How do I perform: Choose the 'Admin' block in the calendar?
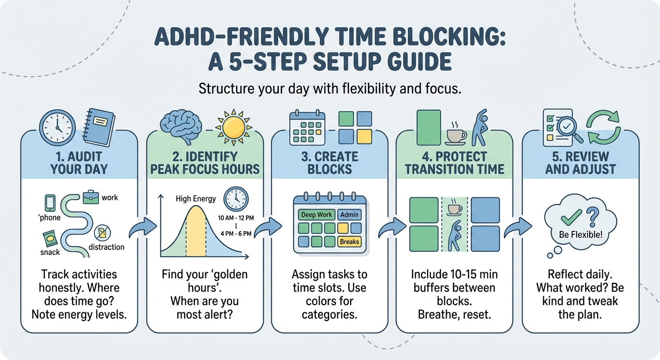pyautogui.click(x=349, y=215)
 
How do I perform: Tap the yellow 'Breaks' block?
pyautogui.click(x=349, y=242)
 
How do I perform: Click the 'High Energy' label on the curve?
pyautogui.click(x=195, y=199)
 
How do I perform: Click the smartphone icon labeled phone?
pyautogui.click(x=50, y=203)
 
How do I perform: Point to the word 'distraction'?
pyautogui.click(x=106, y=247)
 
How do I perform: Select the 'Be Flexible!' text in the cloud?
pyautogui.click(x=581, y=234)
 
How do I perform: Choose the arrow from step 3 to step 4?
pyautogui.click(x=391, y=227)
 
